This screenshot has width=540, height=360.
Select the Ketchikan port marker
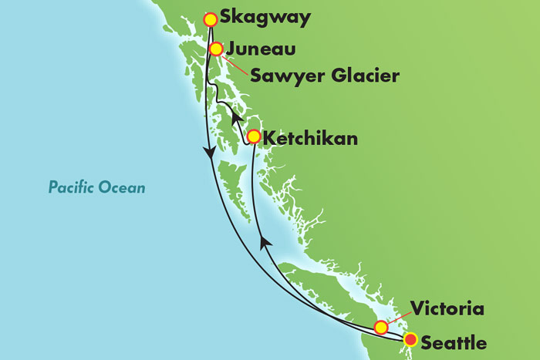click(x=253, y=137)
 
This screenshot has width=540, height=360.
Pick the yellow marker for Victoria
click(x=381, y=328)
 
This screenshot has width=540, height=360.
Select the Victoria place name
click(x=448, y=310)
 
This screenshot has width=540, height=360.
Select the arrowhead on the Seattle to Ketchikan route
click(x=265, y=244)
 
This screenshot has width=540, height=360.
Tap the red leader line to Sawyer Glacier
click(x=236, y=65)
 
